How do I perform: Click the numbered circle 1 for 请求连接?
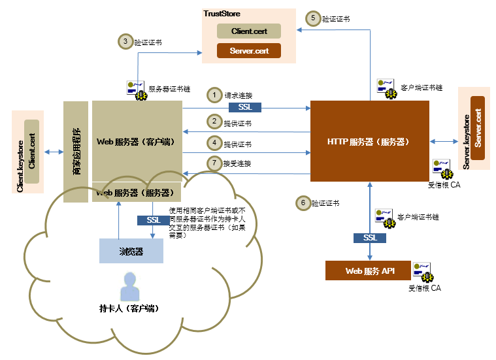tap(214, 95)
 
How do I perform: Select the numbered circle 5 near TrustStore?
tap(313, 19)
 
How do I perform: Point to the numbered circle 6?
tap(303, 203)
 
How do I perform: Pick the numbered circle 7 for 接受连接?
tap(214, 163)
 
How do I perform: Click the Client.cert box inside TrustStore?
tap(249, 31)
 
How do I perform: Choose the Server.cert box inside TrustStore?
tap(249, 50)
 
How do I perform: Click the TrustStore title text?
tap(222, 12)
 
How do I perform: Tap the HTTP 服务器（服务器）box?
tap(369, 141)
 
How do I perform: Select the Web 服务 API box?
tap(369, 270)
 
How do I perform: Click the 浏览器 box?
tap(131, 251)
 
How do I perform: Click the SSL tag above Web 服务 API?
tap(370, 238)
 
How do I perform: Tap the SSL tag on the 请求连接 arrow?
tap(244, 107)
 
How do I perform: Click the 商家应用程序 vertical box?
tap(76, 152)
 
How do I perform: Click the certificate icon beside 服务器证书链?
tap(136, 88)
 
